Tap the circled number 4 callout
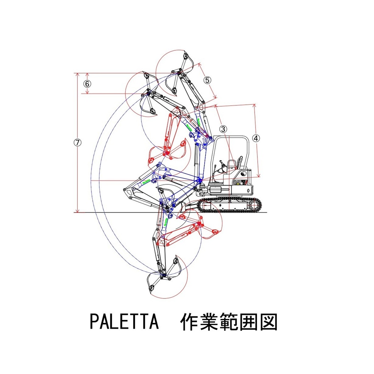(256, 138)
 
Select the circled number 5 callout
(207, 80)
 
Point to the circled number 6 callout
(87, 83)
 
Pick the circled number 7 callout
(77, 142)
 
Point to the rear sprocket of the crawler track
(255, 205)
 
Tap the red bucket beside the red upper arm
(180, 150)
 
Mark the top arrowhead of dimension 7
(77, 74)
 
